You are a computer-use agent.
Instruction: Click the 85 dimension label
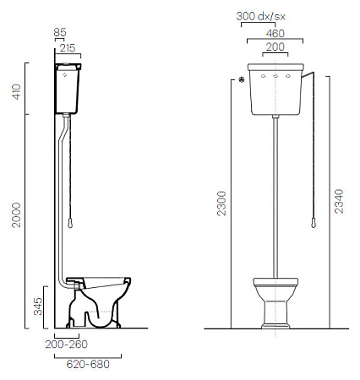[60, 32]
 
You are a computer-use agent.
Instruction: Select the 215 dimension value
[68, 48]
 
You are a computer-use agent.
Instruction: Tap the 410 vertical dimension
[17, 91]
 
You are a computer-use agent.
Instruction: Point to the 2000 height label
[16, 214]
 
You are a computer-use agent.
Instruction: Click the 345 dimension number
[38, 307]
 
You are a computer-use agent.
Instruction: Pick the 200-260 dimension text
[67, 344]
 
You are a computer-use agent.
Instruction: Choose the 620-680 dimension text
[88, 364]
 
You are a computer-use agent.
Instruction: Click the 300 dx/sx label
[260, 16]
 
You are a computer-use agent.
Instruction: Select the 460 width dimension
[275, 34]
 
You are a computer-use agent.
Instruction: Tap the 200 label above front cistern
[275, 46]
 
